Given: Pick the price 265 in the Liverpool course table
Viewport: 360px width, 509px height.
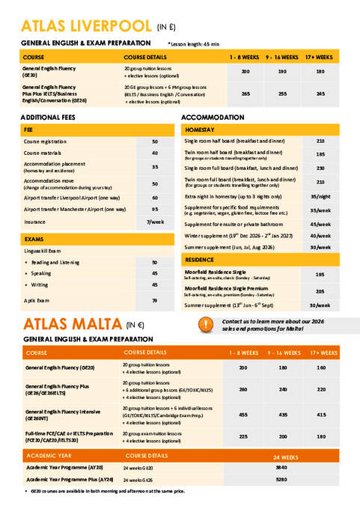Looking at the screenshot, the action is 245,94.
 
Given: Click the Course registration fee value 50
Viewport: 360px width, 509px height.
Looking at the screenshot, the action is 155,141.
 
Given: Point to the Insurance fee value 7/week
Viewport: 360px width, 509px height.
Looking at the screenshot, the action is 155,222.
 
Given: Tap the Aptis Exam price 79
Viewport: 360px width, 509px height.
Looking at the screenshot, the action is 155,300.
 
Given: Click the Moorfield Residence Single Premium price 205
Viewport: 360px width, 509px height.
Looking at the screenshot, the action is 320,291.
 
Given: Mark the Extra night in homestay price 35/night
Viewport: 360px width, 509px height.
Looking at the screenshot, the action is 320,196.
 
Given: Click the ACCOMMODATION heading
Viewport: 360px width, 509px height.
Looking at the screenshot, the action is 214,118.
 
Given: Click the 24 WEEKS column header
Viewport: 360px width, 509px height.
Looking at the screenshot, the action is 286,455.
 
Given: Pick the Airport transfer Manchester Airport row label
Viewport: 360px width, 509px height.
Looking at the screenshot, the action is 75,210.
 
